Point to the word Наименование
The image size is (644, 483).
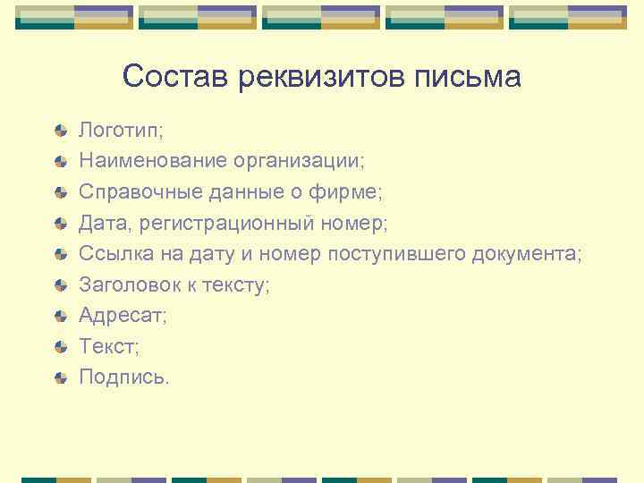(x=153, y=162)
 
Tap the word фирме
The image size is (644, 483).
(x=352, y=192)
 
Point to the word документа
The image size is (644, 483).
(x=527, y=254)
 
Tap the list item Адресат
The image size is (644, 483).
(x=123, y=316)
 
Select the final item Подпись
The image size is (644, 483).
(x=123, y=377)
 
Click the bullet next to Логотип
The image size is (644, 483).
(x=60, y=131)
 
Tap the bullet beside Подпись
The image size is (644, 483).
(x=60, y=378)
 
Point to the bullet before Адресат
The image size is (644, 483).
(x=60, y=317)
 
